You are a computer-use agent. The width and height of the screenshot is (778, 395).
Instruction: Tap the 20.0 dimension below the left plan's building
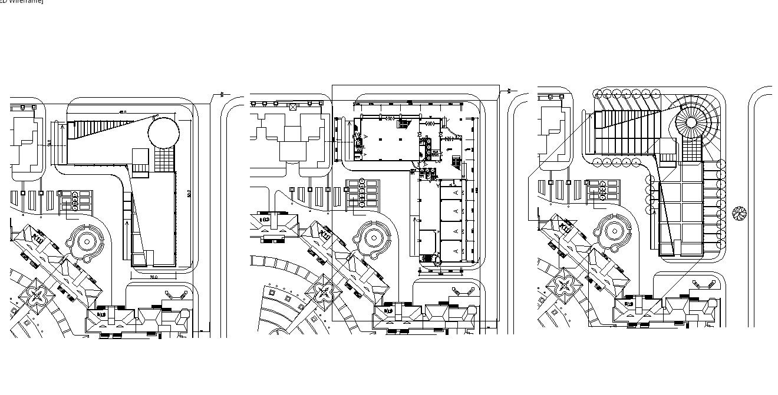(152, 277)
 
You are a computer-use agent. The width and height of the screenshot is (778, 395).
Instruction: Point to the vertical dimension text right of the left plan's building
(189, 193)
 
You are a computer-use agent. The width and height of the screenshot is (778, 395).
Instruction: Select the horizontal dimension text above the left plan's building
(123, 112)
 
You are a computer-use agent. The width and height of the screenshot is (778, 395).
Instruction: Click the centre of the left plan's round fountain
(87, 241)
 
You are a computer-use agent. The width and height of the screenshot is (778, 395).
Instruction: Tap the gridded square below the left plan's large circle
(165, 159)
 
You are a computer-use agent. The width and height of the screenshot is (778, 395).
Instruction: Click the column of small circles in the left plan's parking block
(75, 201)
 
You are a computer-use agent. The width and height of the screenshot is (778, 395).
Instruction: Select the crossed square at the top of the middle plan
(293, 107)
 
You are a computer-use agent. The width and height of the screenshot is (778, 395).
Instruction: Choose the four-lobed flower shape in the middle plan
(322, 293)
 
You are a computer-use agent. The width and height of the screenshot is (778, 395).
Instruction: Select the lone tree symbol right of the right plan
(739, 213)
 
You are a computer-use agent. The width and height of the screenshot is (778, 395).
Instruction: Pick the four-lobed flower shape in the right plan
(565, 285)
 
